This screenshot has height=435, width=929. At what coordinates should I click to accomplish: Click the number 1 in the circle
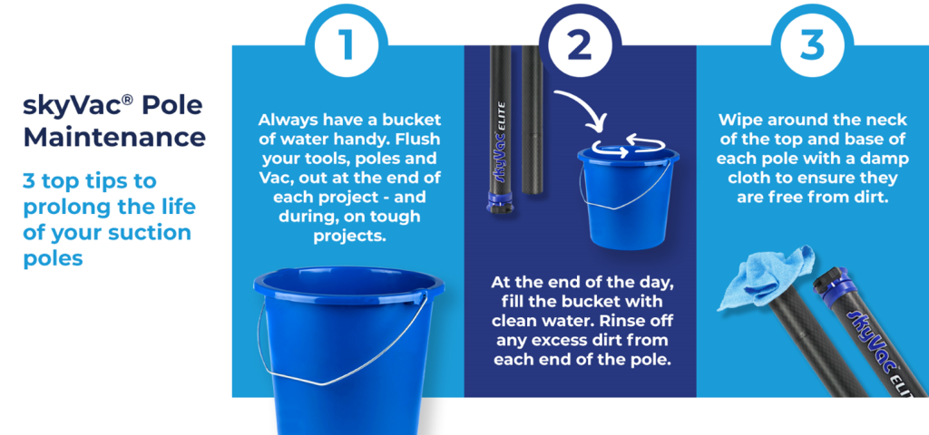coord(345,45)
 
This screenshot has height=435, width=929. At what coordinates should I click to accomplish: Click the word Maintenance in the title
coord(114,138)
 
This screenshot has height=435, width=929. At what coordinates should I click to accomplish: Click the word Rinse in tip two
coord(627,321)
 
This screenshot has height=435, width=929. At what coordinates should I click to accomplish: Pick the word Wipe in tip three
coord(738,121)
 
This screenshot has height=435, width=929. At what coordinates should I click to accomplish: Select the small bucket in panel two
coord(629,196)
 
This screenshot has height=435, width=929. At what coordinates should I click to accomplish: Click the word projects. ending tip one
coord(349,237)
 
